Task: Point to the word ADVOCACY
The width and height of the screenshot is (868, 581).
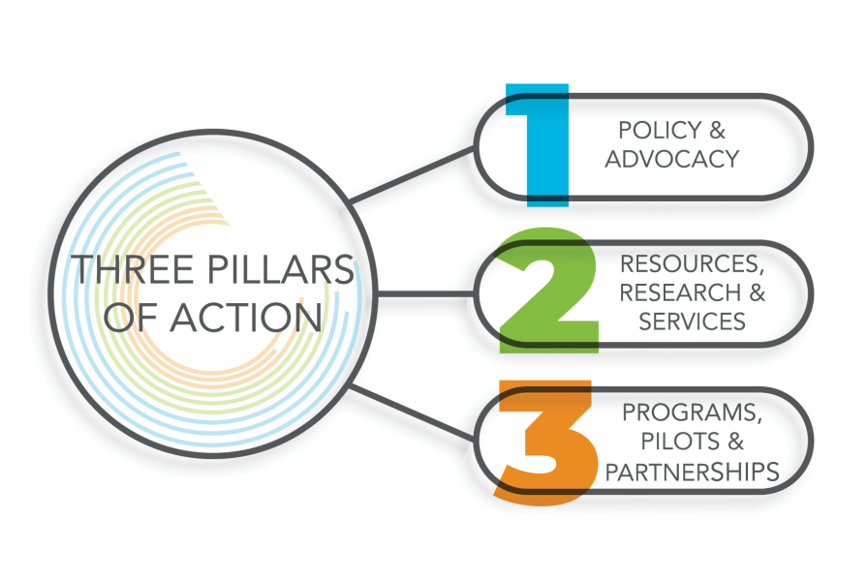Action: click(x=672, y=158)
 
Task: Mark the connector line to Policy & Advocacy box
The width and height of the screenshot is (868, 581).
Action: click(x=412, y=175)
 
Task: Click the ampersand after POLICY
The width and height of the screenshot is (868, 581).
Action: click(x=716, y=131)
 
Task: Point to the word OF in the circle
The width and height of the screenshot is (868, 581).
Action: click(x=136, y=317)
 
